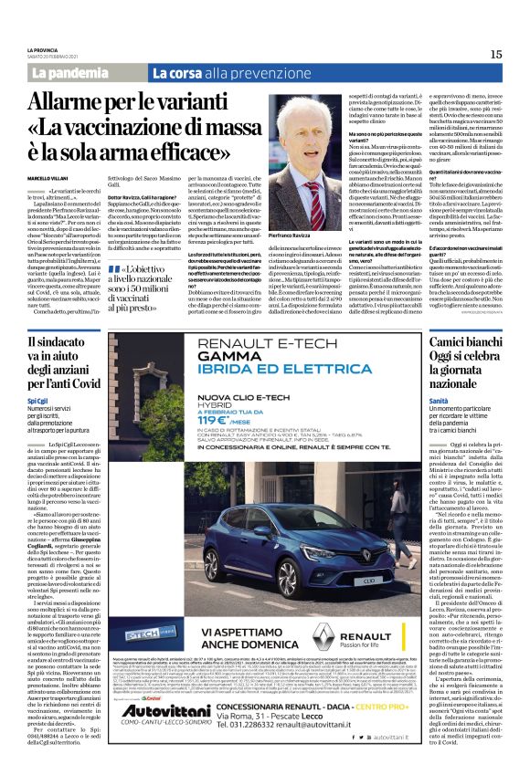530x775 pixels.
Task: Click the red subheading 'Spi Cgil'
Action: (37, 400)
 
